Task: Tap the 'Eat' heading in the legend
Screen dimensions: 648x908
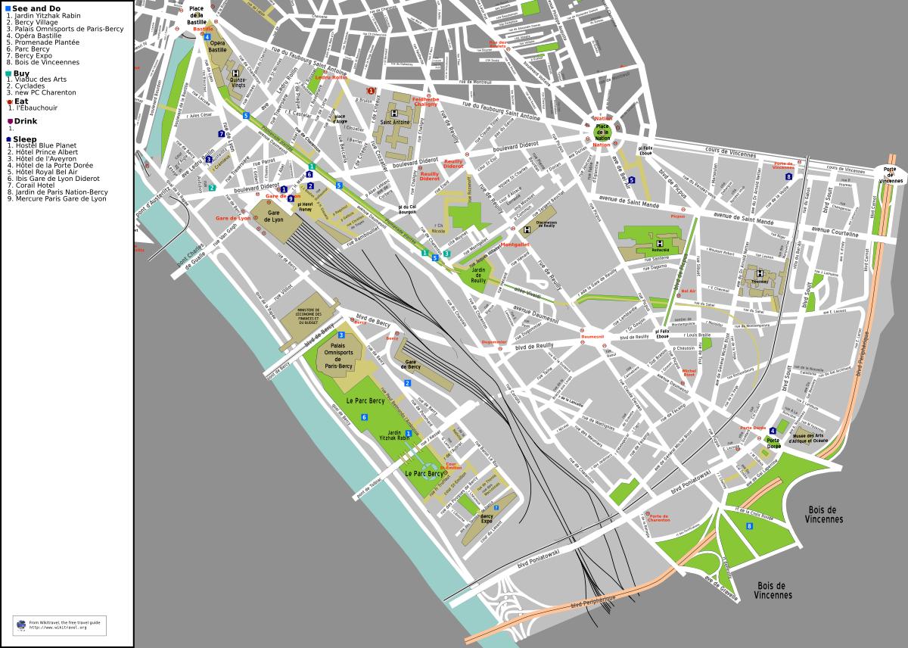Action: (x=21, y=100)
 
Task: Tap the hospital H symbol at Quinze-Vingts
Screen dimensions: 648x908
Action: (x=235, y=73)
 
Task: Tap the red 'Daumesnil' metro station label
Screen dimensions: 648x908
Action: (x=592, y=336)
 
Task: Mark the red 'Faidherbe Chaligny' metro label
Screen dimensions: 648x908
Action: (x=425, y=101)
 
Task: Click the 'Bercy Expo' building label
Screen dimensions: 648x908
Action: (x=487, y=519)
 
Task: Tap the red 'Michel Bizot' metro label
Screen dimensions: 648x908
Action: (x=689, y=372)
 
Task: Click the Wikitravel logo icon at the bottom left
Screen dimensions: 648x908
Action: (x=20, y=624)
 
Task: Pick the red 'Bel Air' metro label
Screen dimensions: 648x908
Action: (x=688, y=291)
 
